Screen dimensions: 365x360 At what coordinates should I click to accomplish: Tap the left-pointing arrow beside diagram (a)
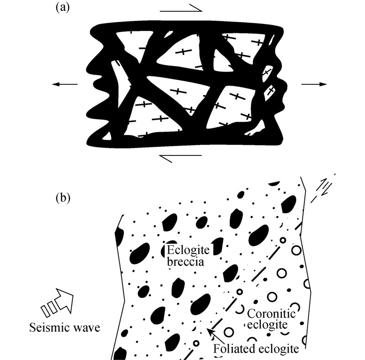click(64, 84)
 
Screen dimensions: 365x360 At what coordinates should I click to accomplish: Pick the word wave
click(87, 328)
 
